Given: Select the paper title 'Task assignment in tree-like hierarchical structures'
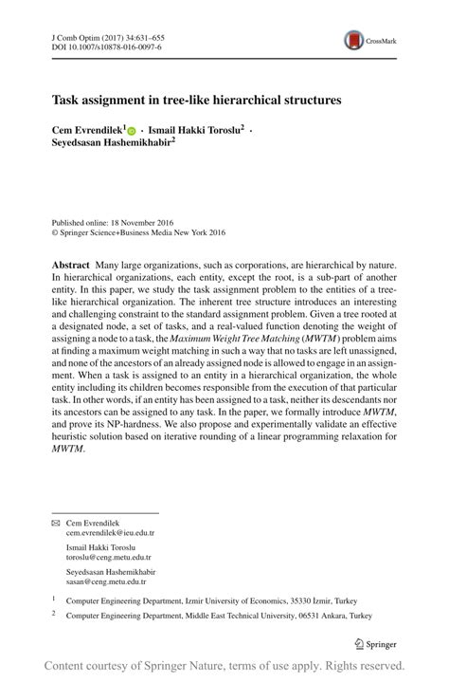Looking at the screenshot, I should pyautogui.click(x=196, y=98).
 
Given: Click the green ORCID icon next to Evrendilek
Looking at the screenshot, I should pyautogui.click(x=132, y=128).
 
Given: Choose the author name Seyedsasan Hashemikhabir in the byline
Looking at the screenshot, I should pyautogui.click(x=116, y=142).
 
